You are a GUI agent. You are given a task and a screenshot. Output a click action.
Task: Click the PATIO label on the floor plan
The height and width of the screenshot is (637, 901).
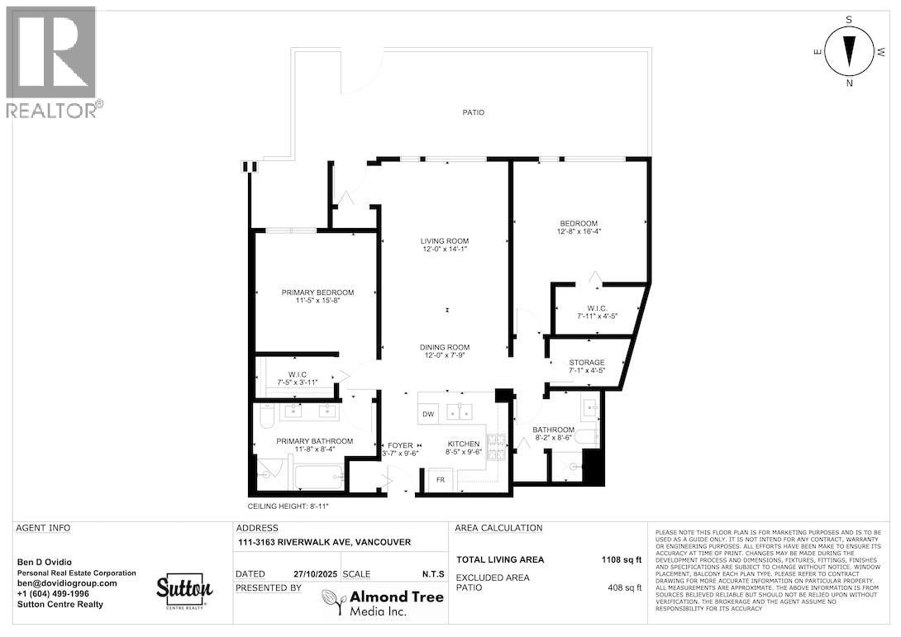pos(473,112)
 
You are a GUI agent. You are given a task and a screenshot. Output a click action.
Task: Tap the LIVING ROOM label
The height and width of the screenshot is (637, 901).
pos(445,241)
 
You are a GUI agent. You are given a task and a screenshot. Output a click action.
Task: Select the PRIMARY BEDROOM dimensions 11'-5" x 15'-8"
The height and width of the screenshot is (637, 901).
pos(317,302)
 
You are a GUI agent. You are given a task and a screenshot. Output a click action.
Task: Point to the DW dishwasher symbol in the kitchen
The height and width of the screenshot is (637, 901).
pos(428,414)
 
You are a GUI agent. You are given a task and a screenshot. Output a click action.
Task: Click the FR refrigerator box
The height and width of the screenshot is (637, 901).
pos(441,480)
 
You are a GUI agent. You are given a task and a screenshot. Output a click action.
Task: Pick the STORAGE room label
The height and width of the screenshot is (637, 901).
pos(587,363)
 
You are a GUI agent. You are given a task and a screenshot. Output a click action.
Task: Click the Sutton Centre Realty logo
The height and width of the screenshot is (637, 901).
pos(185,590)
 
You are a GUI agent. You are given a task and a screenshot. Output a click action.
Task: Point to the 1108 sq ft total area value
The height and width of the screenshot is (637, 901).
pos(621,559)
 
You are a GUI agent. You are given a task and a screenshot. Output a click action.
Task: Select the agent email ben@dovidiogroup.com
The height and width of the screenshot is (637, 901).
pos(67,582)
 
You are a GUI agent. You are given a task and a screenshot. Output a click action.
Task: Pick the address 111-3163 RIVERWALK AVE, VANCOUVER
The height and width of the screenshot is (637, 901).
pos(323,542)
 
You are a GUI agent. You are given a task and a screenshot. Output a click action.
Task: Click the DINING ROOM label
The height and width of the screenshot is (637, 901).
pos(445,347)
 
